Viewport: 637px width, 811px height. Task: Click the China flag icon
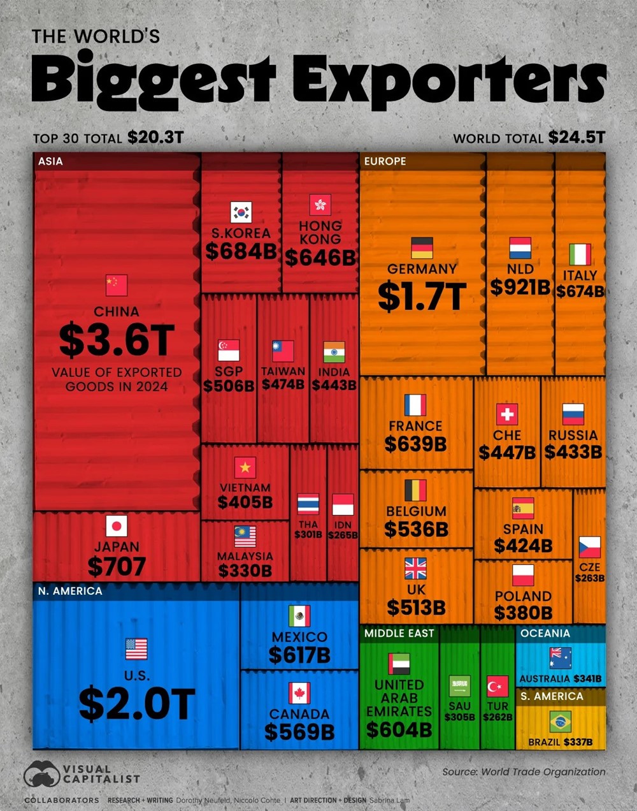click(x=117, y=285)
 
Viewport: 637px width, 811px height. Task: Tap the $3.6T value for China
click(x=117, y=340)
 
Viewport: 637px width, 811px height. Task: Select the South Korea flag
click(x=241, y=212)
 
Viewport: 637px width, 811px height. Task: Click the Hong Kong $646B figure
click(x=320, y=257)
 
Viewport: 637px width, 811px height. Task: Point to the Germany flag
click(x=422, y=247)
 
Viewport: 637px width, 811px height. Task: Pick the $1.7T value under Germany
click(x=422, y=296)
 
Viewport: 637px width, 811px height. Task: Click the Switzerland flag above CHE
click(x=507, y=414)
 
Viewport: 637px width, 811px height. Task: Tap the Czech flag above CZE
click(x=589, y=547)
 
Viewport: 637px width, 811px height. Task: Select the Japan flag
click(x=117, y=526)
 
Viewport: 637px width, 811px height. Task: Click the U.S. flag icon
click(x=136, y=649)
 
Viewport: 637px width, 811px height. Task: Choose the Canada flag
click(x=299, y=693)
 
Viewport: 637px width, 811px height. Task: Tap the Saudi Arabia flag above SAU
click(x=459, y=687)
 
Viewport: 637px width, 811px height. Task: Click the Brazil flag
click(x=560, y=722)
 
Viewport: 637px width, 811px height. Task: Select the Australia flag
click(x=561, y=657)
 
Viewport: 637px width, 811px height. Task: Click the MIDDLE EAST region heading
click(x=399, y=633)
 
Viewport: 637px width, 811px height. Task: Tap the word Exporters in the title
click(x=449, y=80)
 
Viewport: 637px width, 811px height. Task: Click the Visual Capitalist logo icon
click(x=41, y=773)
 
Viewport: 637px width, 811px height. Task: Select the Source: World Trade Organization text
click(x=524, y=771)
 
